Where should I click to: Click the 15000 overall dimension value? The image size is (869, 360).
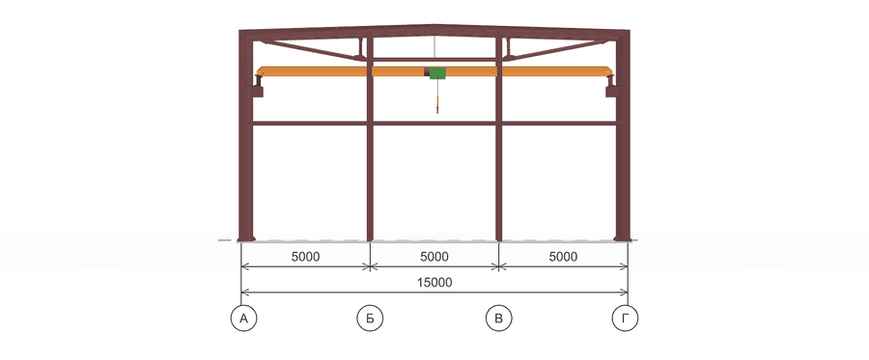(x=435, y=283)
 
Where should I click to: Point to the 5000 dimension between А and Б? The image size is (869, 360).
(x=306, y=257)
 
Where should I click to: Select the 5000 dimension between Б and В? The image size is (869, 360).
(x=434, y=257)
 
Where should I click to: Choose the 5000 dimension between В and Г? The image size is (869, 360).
(x=563, y=257)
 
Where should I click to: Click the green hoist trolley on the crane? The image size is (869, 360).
(x=436, y=72)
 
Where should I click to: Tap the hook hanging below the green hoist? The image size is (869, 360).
(x=437, y=104)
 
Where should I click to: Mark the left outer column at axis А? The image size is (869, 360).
(x=245, y=136)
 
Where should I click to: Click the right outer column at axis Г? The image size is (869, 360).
(x=623, y=136)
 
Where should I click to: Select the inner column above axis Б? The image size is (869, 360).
(x=370, y=138)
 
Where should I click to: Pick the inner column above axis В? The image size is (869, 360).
(x=499, y=138)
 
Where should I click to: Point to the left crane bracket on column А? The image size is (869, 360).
(x=258, y=88)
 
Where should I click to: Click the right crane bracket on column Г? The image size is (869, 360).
(x=611, y=88)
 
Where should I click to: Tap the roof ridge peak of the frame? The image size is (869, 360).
(x=434, y=25)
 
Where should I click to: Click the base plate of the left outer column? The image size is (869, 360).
(x=246, y=239)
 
